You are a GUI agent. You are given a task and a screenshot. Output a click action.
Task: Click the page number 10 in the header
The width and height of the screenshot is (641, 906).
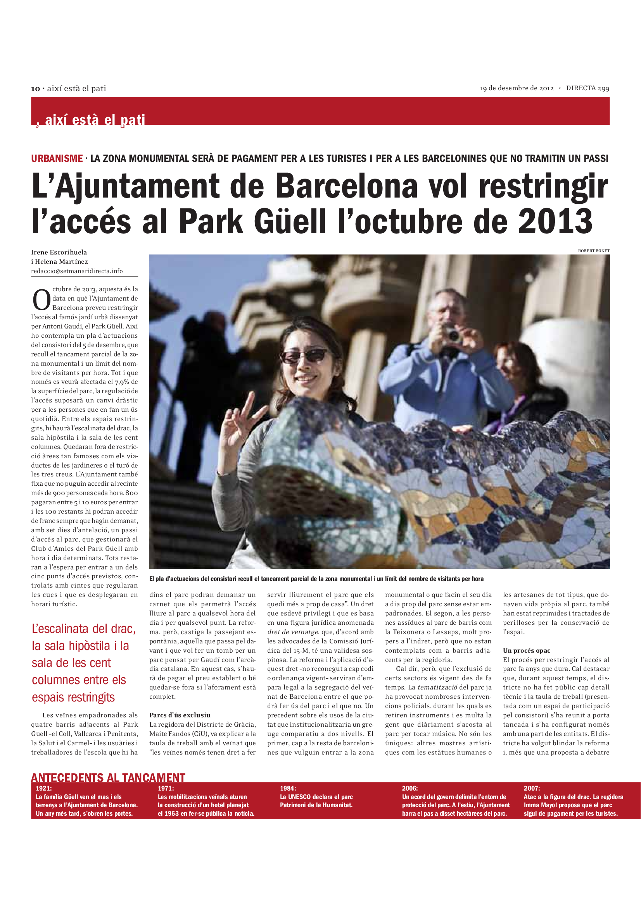[x=36, y=89]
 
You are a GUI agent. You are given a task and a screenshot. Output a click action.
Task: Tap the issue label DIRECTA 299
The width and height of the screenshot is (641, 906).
[x=587, y=88]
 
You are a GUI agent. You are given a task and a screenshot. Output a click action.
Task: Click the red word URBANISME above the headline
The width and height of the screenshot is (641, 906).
[x=57, y=159]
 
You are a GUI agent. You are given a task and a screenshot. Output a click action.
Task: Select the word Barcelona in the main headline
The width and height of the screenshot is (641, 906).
[x=346, y=186]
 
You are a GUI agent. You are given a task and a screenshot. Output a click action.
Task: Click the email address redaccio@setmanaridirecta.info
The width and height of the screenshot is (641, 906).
[x=77, y=271]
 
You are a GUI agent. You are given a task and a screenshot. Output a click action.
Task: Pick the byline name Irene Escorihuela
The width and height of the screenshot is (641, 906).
[x=59, y=252]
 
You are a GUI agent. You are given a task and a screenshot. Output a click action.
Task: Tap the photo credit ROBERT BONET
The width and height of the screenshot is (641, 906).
[x=594, y=251]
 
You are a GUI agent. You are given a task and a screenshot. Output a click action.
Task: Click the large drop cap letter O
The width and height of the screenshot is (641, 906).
[x=41, y=300]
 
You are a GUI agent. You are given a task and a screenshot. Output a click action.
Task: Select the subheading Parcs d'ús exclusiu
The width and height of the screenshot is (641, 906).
[x=180, y=715]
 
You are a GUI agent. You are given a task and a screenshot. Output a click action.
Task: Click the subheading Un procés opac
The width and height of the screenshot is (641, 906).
[x=527, y=650]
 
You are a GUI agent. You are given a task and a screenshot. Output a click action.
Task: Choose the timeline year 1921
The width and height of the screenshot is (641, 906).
[x=43, y=788]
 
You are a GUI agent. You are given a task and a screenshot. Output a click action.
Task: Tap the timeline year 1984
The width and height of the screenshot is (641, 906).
[x=288, y=788]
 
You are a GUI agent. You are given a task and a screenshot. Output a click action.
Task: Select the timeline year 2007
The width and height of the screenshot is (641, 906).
[x=532, y=788]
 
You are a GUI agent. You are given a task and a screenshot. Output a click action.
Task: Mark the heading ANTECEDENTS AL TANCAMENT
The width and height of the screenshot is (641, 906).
[x=108, y=778]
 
